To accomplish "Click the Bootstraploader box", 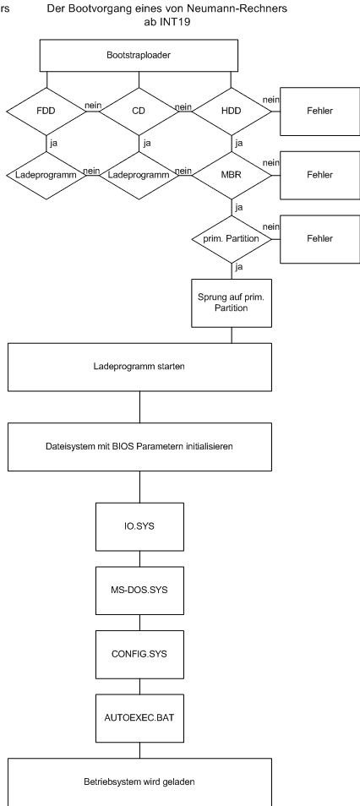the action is pyautogui.click(x=139, y=55).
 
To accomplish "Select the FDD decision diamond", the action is pyautogui.click(x=46, y=111).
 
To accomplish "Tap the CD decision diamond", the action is pyautogui.click(x=139, y=111).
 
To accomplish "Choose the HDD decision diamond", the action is pyautogui.click(x=232, y=111).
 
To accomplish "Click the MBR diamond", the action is pyautogui.click(x=232, y=175).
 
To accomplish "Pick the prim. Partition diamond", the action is pyautogui.click(x=232, y=239).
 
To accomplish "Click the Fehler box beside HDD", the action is pyautogui.click(x=320, y=111).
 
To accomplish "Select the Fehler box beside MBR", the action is pyautogui.click(x=320, y=175).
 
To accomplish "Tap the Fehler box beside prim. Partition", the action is pyautogui.click(x=320, y=239).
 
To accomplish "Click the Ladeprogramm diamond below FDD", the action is pyautogui.click(x=46, y=175).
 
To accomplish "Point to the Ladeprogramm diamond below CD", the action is pyautogui.click(x=139, y=175).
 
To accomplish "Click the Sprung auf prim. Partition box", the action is pyautogui.click(x=232, y=302).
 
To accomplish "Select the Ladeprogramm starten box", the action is pyautogui.click(x=139, y=367).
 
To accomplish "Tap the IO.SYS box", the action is pyautogui.click(x=139, y=526).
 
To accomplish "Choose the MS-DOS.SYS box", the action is pyautogui.click(x=139, y=590).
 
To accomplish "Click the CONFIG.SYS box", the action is pyautogui.click(x=139, y=655).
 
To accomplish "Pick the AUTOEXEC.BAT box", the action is pyautogui.click(x=139, y=718).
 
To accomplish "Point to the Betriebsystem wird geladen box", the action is pyautogui.click(x=139, y=781).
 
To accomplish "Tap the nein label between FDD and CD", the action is pyautogui.click(x=93, y=106).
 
